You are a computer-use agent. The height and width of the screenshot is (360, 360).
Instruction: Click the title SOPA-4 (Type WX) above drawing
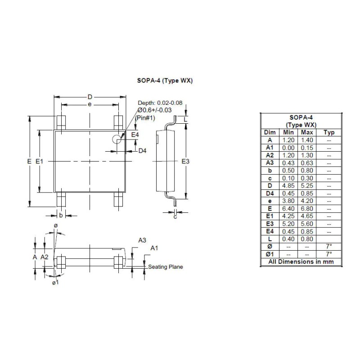pyautogui.click(x=165, y=81)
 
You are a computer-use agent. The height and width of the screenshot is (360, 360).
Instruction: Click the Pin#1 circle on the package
pyautogui.click(x=117, y=139)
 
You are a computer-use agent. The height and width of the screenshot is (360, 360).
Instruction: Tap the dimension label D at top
pyautogui.click(x=90, y=97)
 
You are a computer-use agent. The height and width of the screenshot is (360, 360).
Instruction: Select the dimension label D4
pyautogui.click(x=142, y=151)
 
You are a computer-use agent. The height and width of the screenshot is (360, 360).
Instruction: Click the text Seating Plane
pyautogui.click(x=166, y=267)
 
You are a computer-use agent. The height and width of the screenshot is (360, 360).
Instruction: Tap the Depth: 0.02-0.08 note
pyautogui.click(x=160, y=103)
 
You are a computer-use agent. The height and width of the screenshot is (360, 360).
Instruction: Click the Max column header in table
pyautogui.click(x=307, y=132)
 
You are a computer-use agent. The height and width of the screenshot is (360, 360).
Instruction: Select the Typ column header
pyautogui.click(x=329, y=132)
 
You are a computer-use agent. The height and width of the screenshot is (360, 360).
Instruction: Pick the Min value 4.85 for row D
pyautogui.click(x=288, y=185)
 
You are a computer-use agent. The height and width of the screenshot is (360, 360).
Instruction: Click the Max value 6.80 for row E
pyautogui.click(x=307, y=208)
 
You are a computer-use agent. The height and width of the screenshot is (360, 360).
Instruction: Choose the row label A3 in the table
pyautogui.click(x=270, y=162)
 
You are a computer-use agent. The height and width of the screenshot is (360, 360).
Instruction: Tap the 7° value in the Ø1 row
pyautogui.click(x=329, y=254)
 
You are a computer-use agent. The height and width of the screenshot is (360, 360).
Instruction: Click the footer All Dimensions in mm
pyautogui.click(x=301, y=261)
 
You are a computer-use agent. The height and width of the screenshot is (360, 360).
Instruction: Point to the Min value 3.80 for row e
pyautogui.click(x=288, y=201)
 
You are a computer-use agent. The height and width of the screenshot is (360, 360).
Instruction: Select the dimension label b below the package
pyautogui.click(x=61, y=215)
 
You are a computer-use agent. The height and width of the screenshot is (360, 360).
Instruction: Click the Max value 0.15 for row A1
pyautogui.click(x=307, y=148)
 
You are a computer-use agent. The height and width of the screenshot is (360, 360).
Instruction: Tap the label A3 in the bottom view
pyautogui.click(x=142, y=240)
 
